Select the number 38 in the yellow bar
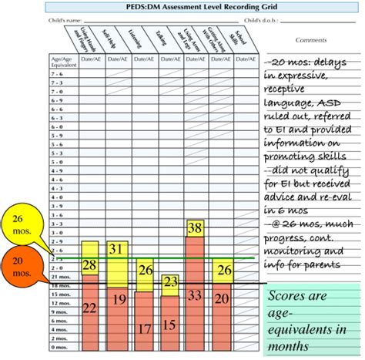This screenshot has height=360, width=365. (195, 227)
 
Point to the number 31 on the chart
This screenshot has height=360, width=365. (116, 248)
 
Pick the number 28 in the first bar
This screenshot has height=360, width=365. (89, 266)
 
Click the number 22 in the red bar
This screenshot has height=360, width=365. (89, 308)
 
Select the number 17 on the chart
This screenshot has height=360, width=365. (143, 328)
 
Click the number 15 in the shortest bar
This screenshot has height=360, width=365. (169, 325)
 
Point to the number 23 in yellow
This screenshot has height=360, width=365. (169, 281)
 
